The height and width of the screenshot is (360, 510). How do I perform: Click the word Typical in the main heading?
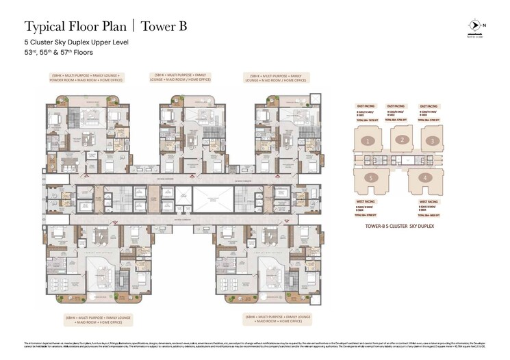(x=44, y=27)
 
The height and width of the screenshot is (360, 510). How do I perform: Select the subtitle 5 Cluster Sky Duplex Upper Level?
(x=76, y=42)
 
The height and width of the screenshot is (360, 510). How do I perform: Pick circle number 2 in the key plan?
(x=404, y=140)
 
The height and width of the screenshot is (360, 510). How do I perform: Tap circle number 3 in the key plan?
(x=432, y=142)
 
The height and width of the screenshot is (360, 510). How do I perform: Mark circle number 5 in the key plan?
(x=370, y=178)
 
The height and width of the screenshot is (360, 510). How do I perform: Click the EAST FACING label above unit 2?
(x=396, y=107)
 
